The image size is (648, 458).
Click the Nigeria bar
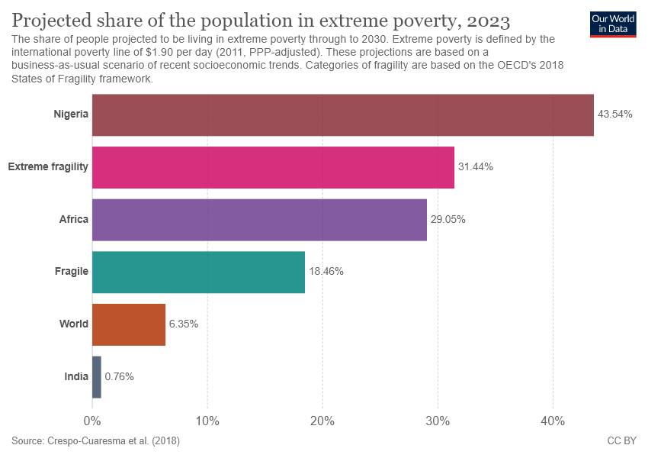[x=342, y=114]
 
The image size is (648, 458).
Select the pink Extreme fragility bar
[x=273, y=167]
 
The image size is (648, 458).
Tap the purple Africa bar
[x=259, y=220]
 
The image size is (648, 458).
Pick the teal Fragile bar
[x=198, y=272]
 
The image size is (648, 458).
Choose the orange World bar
[x=129, y=324]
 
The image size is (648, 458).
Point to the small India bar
[x=97, y=377]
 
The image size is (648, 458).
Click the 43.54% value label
[x=614, y=114]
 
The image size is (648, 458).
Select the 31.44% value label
[x=475, y=167]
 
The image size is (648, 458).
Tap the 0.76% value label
[x=119, y=377]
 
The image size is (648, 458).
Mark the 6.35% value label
[x=184, y=324]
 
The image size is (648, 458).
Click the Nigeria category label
[x=71, y=114]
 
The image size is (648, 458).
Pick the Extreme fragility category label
[x=48, y=167]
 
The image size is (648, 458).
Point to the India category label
[x=76, y=377]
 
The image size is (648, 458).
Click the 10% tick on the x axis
[x=207, y=421]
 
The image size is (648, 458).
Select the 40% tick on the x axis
[x=553, y=421]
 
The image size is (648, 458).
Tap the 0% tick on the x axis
[x=92, y=421]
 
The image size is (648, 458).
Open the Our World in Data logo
[x=613, y=23]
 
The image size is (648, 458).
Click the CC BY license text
[x=621, y=441]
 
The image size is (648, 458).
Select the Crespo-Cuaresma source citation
[x=95, y=441]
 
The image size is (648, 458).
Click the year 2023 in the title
[x=482, y=19]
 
